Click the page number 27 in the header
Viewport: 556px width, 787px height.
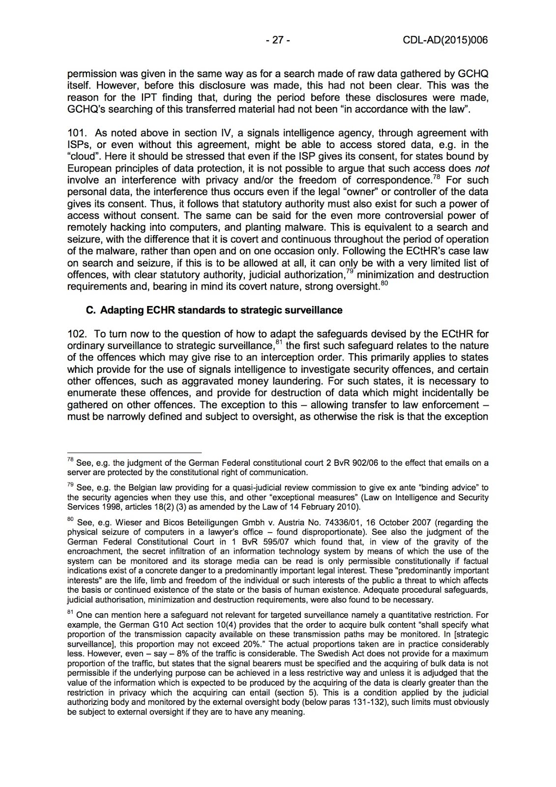pos(278,40)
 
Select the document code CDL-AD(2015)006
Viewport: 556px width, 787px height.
pos(445,40)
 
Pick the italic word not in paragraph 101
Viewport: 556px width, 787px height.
pos(482,168)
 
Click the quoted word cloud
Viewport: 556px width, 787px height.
pos(83,156)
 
